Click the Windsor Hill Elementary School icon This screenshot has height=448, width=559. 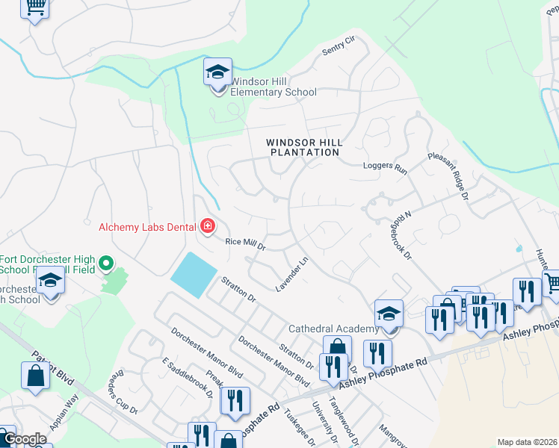pyautogui.click(x=217, y=73)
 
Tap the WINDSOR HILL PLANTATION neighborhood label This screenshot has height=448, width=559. pyautogui.click(x=304, y=147)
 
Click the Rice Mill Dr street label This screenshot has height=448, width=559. pyautogui.click(x=246, y=243)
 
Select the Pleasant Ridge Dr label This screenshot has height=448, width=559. pyautogui.click(x=448, y=176)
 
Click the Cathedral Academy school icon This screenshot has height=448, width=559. pyautogui.click(x=389, y=314)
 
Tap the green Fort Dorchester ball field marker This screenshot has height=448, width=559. pyautogui.click(x=105, y=263)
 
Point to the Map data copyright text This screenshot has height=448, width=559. pyautogui.click(x=528, y=442)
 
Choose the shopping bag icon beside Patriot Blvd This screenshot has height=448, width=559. pyautogui.click(x=35, y=376)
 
